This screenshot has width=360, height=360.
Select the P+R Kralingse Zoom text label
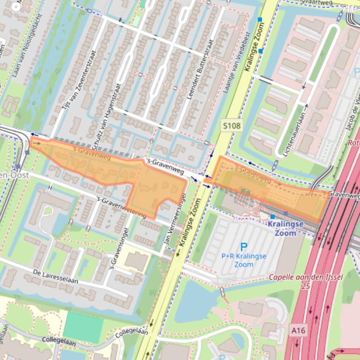(x=244, y=260)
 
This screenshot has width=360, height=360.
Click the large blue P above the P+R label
(x=244, y=247)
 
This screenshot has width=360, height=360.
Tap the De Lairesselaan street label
(x=55, y=277)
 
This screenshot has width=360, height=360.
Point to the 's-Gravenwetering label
(x=121, y=207)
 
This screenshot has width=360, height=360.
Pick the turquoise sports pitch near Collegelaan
(x=83, y=326)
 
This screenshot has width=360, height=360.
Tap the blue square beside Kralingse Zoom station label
(x=272, y=217)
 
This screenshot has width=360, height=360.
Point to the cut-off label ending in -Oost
(x=14, y=175)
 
